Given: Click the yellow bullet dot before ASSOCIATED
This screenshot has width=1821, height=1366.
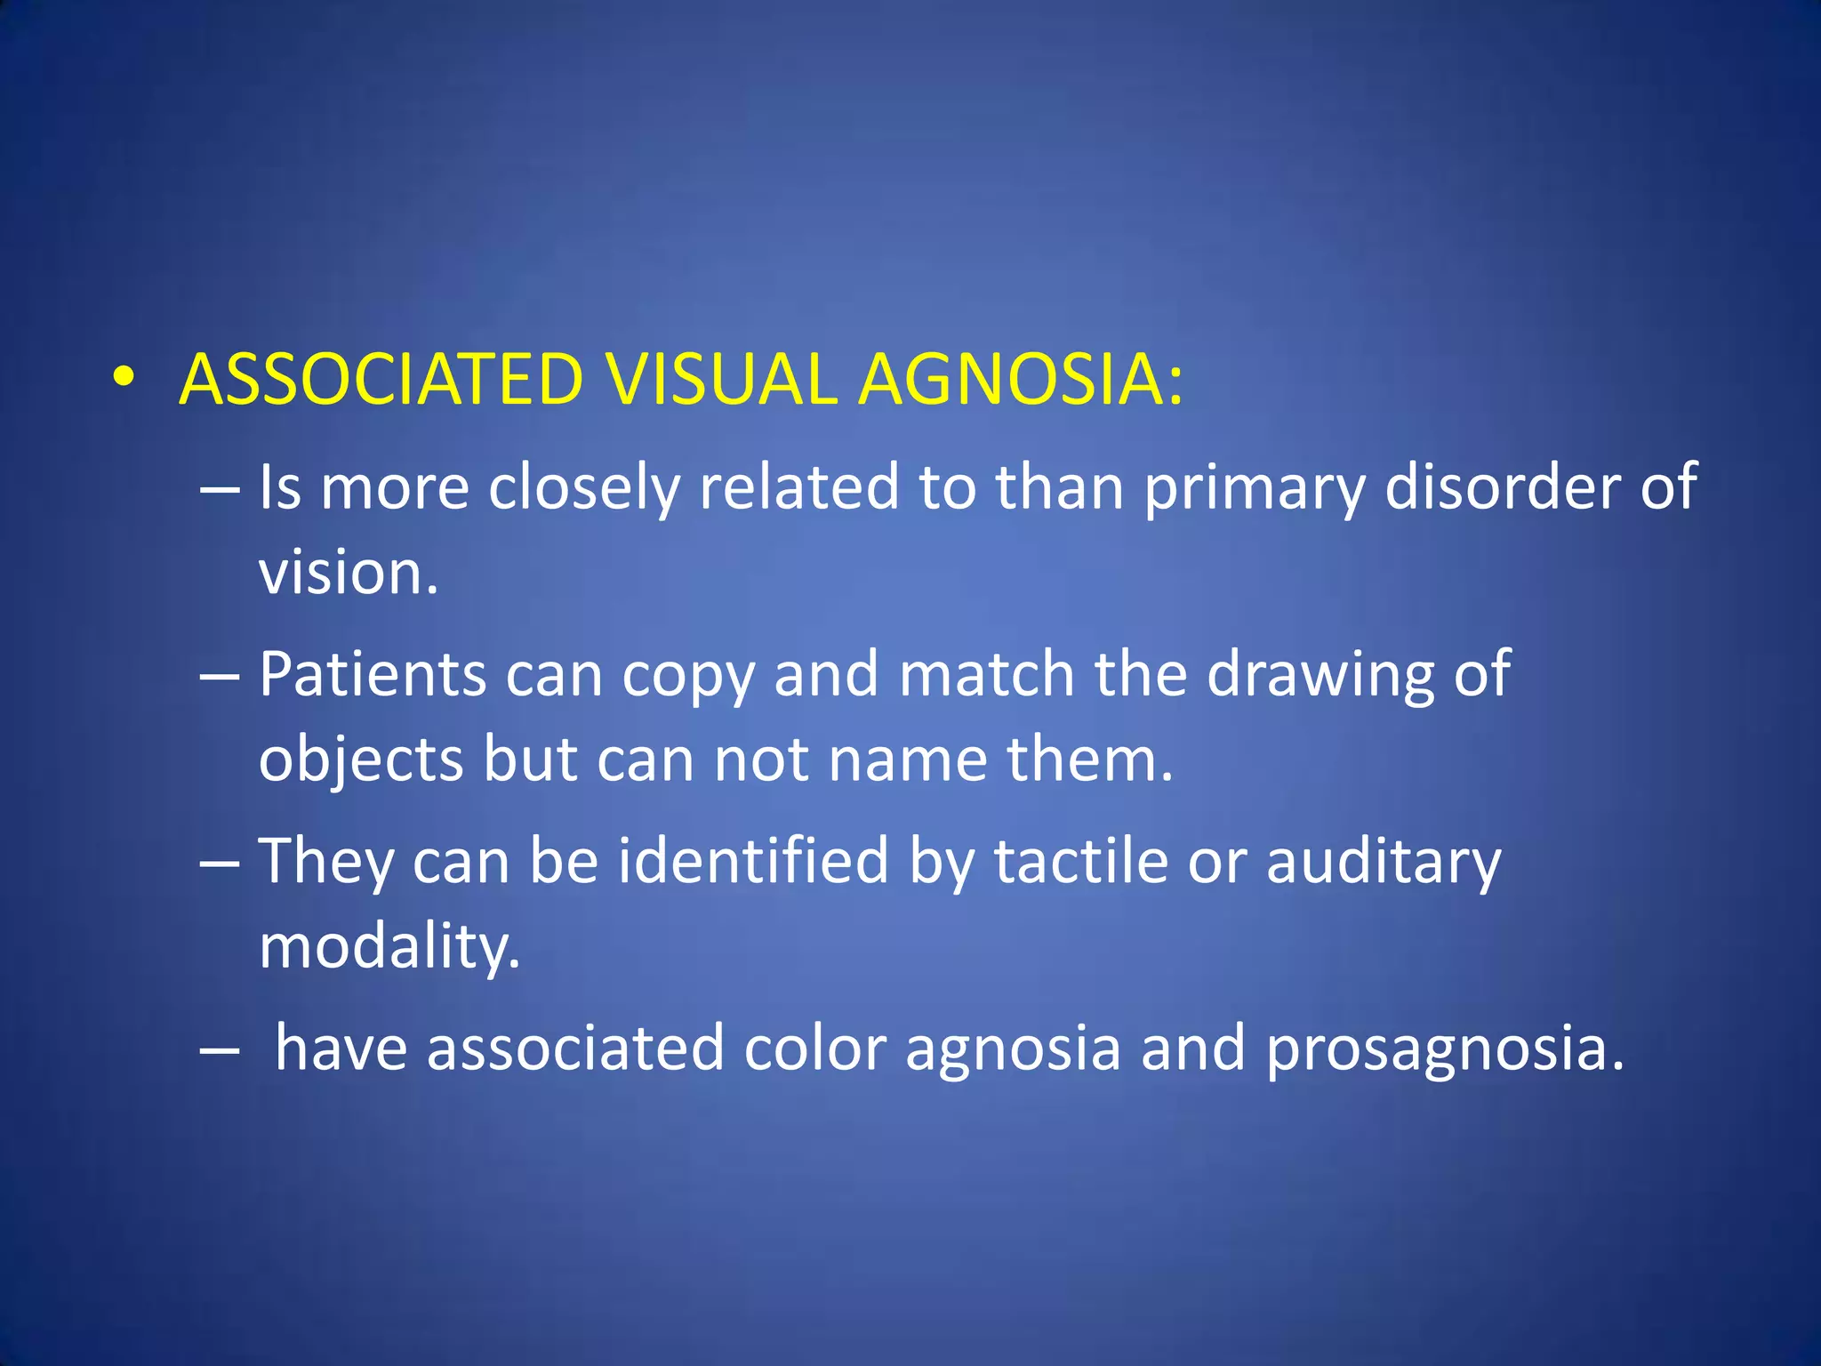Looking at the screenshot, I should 124,379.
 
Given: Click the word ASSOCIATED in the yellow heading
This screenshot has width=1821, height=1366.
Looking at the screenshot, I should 381,380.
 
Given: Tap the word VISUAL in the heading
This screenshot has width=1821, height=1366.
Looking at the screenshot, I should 722,380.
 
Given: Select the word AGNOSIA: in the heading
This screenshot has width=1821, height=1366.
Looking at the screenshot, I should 1021,380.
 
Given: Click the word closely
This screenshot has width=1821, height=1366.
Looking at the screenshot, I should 583,488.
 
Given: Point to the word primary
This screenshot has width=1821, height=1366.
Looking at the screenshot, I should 1254,488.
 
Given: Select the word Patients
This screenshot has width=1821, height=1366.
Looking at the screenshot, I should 373,673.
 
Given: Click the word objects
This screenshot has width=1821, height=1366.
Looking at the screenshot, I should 361,760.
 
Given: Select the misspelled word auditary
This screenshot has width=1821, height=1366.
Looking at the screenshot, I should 1384,862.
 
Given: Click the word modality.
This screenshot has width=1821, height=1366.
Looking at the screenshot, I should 389,947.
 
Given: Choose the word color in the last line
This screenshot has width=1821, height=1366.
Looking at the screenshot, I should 814,1048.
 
